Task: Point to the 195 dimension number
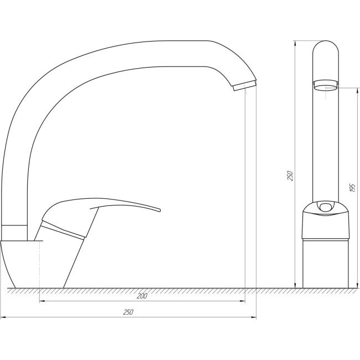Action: [353, 187]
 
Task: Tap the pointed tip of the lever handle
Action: [159, 210]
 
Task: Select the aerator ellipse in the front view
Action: [325, 85]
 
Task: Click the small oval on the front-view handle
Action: [325, 208]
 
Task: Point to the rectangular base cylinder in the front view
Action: [325, 264]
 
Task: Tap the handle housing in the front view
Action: [325, 224]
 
